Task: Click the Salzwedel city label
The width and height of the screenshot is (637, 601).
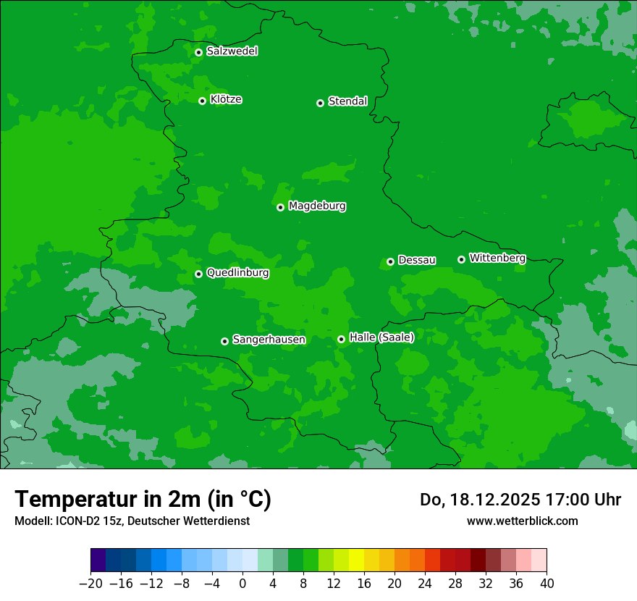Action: coord(232,51)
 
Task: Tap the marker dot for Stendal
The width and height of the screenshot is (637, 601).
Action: coord(320,103)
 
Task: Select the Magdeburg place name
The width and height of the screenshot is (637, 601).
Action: coord(317,206)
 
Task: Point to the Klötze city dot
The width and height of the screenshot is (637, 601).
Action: coord(202,101)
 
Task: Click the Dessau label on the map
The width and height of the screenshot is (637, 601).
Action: coord(417,261)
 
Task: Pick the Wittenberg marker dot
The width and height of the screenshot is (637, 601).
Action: coord(461,259)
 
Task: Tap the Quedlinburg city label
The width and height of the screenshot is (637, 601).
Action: coord(237,273)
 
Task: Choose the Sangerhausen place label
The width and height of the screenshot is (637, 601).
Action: coord(269,340)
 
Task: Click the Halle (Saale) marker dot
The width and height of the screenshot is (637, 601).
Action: coord(341,339)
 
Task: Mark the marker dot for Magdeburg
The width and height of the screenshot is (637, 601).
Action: coord(280,207)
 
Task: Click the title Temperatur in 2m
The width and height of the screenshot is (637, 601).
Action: coord(143,500)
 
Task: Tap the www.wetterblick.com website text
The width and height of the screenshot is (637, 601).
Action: coord(522,521)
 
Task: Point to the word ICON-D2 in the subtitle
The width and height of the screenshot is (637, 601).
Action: coord(75,521)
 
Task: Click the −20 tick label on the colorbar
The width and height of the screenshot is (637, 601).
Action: coord(90,584)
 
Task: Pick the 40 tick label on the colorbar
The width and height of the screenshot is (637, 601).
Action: coord(547,584)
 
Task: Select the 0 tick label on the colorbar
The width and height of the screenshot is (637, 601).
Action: coord(242,584)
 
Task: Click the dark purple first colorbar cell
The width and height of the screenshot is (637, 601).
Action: coord(98,560)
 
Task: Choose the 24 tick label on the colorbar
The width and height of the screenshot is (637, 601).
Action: coord(425,584)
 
